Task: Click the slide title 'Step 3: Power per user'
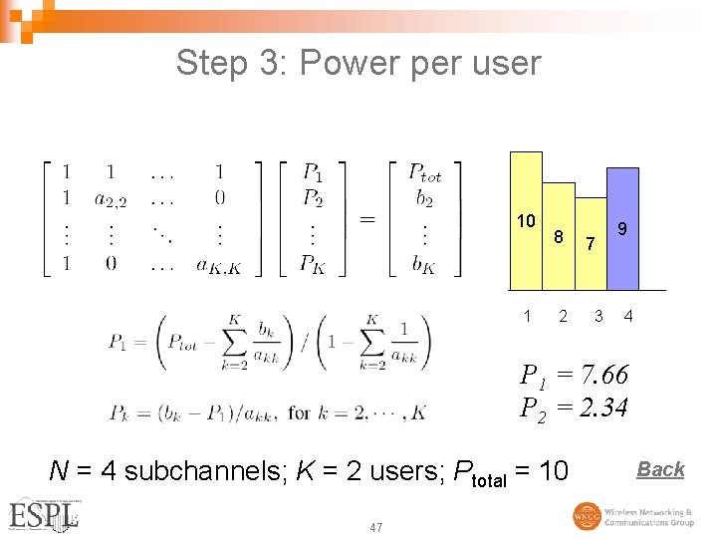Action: click(x=358, y=63)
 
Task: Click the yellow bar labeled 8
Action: click(x=560, y=229)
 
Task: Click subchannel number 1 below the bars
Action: click(x=527, y=317)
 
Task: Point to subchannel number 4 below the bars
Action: click(x=628, y=317)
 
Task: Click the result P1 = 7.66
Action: click(x=575, y=376)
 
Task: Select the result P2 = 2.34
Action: click(x=575, y=406)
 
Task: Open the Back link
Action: click(x=660, y=469)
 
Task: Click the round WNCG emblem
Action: click(x=587, y=516)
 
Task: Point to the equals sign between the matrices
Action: click(x=367, y=217)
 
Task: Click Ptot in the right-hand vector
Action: click(x=425, y=172)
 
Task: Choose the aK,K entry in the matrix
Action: click(x=218, y=265)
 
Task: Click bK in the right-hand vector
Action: click(x=424, y=265)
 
